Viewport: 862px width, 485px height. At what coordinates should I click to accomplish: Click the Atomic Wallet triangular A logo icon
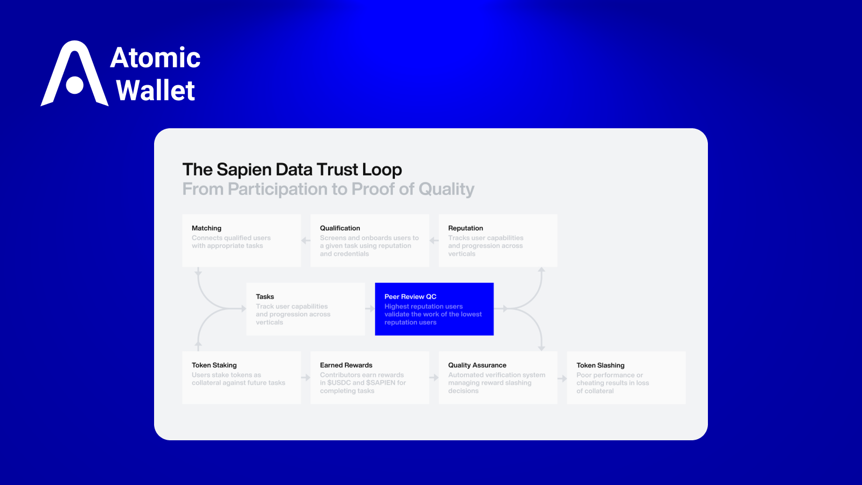[74, 74]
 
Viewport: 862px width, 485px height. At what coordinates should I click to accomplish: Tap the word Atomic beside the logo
[155, 58]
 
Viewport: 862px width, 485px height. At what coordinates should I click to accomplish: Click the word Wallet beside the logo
[155, 91]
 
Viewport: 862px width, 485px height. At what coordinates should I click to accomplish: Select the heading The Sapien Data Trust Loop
[292, 170]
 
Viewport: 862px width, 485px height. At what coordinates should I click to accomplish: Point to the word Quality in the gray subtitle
[446, 189]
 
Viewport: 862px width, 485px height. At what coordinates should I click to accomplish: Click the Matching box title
[206, 228]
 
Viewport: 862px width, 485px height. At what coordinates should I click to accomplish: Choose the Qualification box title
[340, 228]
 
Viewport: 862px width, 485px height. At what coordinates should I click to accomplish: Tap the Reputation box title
[465, 228]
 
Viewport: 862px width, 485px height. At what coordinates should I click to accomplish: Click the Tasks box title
[265, 297]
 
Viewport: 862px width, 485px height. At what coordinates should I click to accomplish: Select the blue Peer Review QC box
[434, 309]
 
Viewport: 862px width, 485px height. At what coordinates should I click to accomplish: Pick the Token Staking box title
[214, 365]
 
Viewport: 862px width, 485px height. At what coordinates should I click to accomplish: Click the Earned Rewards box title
[346, 365]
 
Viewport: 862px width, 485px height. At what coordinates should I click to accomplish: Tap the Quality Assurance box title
[477, 365]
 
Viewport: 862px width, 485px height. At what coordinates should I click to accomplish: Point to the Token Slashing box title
[600, 365]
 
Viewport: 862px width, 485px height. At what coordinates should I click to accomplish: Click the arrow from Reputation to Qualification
[434, 241]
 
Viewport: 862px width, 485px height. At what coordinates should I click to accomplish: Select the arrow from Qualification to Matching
[305, 241]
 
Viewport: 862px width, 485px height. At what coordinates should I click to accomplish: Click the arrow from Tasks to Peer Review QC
[370, 309]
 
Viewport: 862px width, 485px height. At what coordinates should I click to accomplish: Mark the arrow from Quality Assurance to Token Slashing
[562, 378]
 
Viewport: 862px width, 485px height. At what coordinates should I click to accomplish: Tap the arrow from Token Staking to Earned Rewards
[305, 378]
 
